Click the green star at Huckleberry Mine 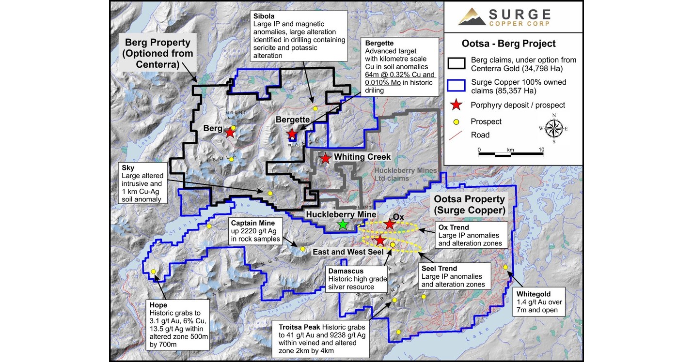(343, 224)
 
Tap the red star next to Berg (230, 133)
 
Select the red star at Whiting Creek (325, 158)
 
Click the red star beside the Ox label (390, 224)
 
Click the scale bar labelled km (510, 154)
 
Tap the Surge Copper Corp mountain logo (472, 17)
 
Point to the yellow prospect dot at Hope (154, 271)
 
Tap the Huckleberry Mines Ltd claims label (406, 175)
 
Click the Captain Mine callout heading (252, 223)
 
